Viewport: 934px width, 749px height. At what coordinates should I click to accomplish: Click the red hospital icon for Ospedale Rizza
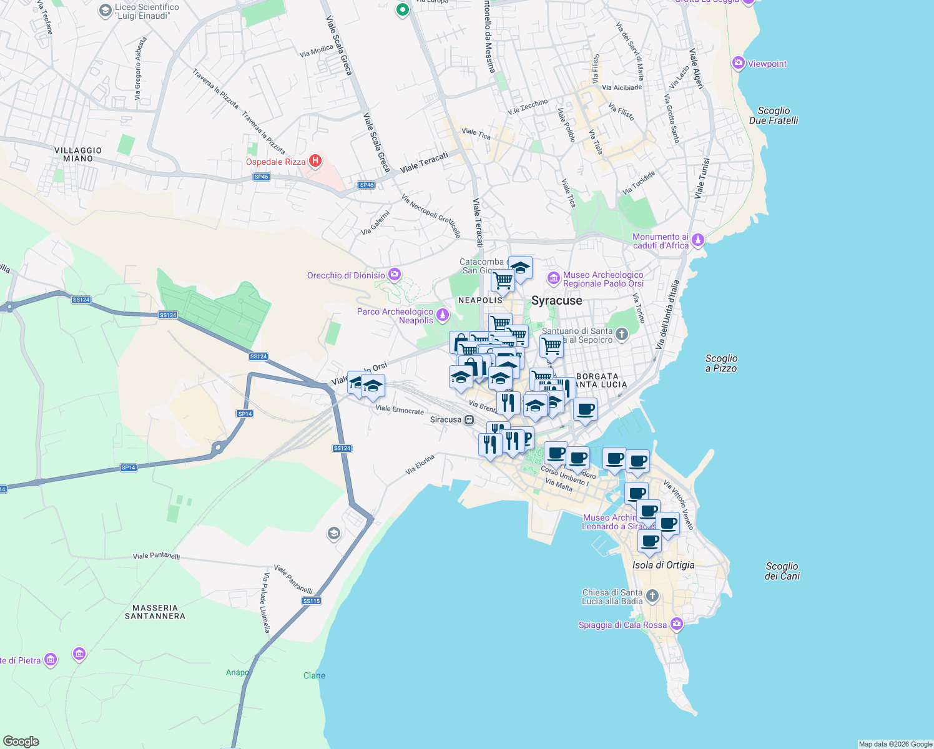click(315, 161)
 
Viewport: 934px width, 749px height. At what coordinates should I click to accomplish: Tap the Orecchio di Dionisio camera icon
click(394, 275)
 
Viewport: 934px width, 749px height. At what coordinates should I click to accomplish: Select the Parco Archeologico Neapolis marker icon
click(443, 315)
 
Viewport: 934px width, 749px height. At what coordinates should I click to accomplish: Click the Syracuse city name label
click(556, 301)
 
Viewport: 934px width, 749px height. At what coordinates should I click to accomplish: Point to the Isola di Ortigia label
click(663, 565)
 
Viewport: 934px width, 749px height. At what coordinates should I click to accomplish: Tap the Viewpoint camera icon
click(739, 63)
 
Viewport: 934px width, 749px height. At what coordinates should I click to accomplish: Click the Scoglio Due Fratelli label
click(774, 115)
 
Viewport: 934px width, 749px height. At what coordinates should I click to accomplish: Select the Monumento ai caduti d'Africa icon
click(698, 240)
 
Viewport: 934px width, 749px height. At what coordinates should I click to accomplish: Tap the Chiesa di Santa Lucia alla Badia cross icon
click(652, 595)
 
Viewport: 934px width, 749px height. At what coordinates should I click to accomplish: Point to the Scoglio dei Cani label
click(782, 571)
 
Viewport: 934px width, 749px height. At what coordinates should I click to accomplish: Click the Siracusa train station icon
click(469, 419)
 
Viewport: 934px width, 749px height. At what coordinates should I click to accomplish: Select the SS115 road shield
click(311, 600)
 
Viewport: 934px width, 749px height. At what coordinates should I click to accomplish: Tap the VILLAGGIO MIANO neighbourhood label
click(78, 154)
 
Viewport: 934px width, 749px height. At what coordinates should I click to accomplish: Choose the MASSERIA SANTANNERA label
click(155, 612)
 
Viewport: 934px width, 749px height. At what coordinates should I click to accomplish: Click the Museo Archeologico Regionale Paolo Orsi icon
click(553, 278)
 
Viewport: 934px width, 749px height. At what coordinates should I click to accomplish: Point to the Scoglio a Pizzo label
click(721, 363)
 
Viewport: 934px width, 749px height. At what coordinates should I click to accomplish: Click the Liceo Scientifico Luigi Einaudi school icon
click(105, 11)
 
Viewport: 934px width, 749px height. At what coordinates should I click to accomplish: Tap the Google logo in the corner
click(21, 741)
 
